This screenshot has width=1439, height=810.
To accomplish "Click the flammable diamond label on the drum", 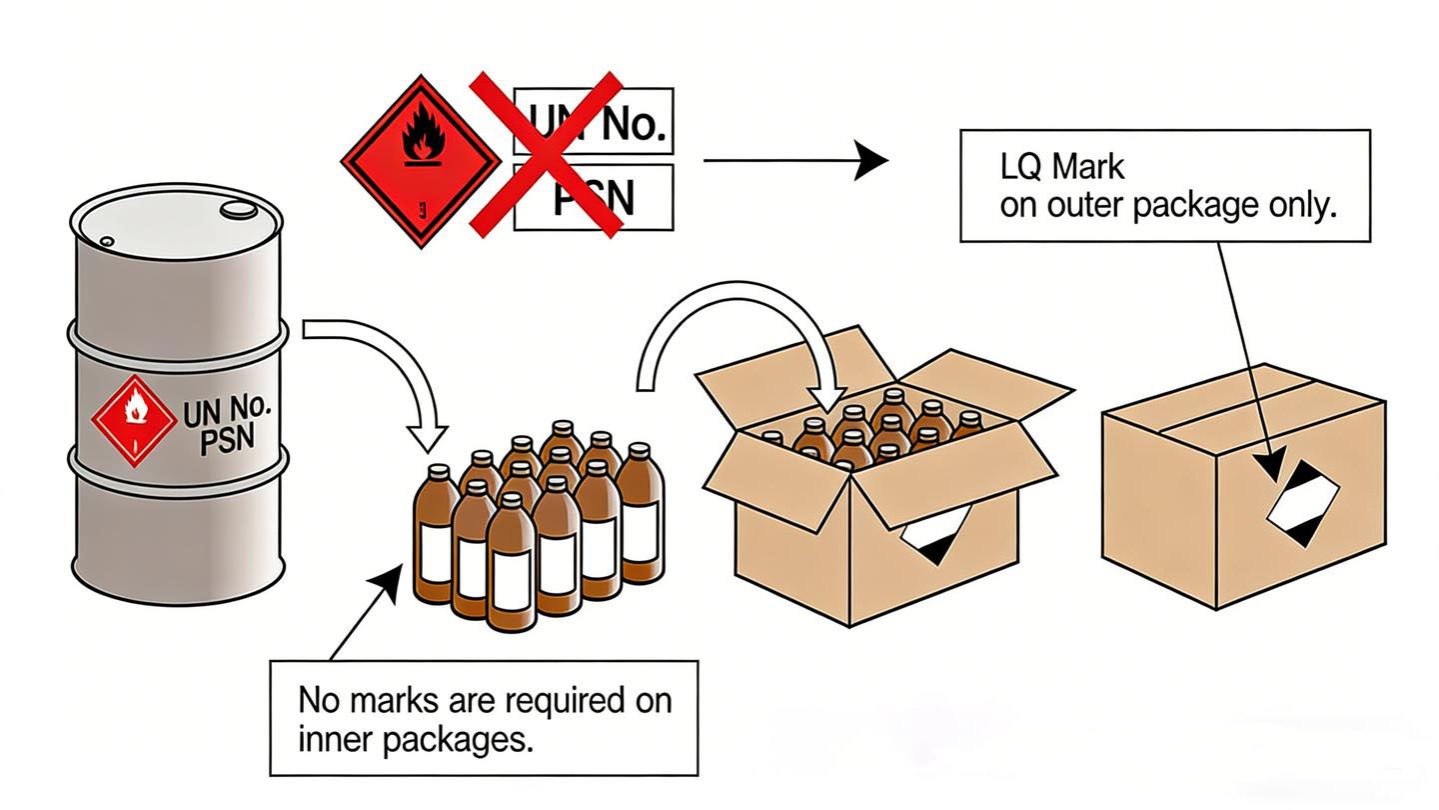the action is (x=134, y=420).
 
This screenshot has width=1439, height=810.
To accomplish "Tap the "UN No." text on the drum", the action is (x=227, y=411).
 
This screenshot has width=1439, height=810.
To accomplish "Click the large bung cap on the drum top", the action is (x=238, y=210).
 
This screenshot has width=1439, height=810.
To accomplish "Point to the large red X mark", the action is (x=546, y=155).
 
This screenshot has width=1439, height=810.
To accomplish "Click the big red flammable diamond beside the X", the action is (x=421, y=161).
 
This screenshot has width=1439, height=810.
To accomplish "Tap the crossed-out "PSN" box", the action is (x=593, y=197).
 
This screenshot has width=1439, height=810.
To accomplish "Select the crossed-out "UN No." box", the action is (x=593, y=121).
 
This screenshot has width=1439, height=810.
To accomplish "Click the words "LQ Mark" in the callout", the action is (x=1062, y=167).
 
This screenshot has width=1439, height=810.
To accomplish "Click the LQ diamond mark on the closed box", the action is (x=1303, y=503).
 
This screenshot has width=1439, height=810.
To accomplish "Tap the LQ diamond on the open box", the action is (x=934, y=535).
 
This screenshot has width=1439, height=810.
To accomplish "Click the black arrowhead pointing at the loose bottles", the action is (x=386, y=582).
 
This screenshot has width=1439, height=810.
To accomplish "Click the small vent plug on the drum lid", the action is (x=107, y=242).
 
